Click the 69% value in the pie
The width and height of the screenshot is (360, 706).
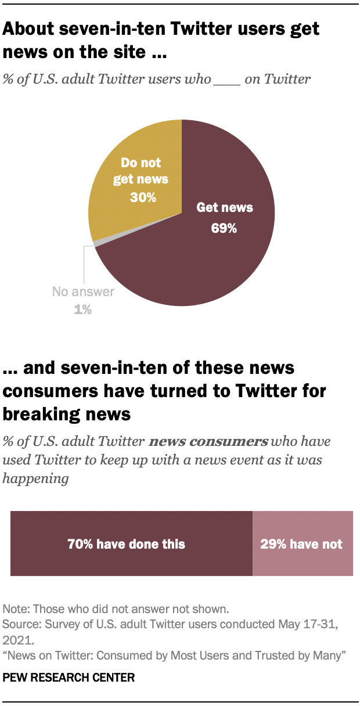pyautogui.click(x=224, y=228)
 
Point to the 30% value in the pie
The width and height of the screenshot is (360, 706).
pyautogui.click(x=143, y=197)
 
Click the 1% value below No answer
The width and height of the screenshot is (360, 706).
pyautogui.click(x=82, y=309)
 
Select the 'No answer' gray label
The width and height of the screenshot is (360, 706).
pyautogui.click(x=83, y=292)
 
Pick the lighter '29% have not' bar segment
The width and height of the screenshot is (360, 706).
pyautogui.click(x=303, y=544)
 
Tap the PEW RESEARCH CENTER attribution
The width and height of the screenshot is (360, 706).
pyautogui.click(x=69, y=677)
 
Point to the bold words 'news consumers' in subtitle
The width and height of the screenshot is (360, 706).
pyautogui.click(x=208, y=441)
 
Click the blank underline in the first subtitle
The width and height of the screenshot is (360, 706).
pyautogui.click(x=226, y=80)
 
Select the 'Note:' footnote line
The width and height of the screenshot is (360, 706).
pyautogui.click(x=116, y=609)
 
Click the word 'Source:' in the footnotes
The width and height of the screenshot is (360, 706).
pyautogui.click(x=20, y=624)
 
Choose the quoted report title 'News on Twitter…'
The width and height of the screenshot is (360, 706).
pyautogui.click(x=175, y=655)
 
